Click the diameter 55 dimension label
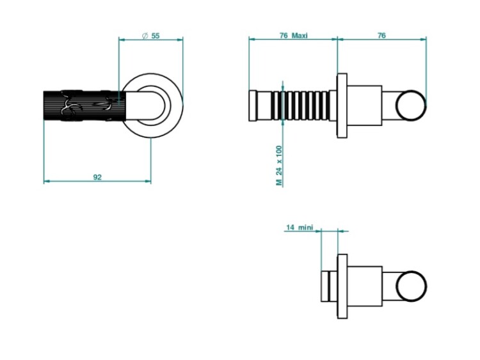pyautogui.click(x=151, y=36)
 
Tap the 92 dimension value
pyautogui.click(x=97, y=177)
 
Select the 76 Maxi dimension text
pyautogui.click(x=294, y=36)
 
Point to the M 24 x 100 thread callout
pyautogui.click(x=279, y=166)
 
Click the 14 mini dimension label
pyautogui.click(x=300, y=228)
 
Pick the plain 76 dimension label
pyautogui.click(x=381, y=35)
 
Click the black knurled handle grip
pyautogui.click(x=84, y=106)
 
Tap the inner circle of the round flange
pyautogui.click(x=152, y=106)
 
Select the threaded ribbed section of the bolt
pyautogui.click(x=300, y=106)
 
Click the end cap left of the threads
pyautogui.click(x=253, y=106)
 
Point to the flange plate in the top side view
pyautogui.click(x=342, y=106)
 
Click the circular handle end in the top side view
pyautogui.click(x=411, y=106)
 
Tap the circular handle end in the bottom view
pyautogui.click(x=411, y=286)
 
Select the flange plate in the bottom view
pyautogui.click(x=342, y=286)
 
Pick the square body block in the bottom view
pyautogui.click(x=365, y=286)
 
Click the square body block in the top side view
pyautogui.click(x=365, y=106)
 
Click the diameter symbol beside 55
pyautogui.click(x=145, y=36)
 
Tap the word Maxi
pyautogui.click(x=300, y=36)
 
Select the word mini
pyautogui.click(x=306, y=228)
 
